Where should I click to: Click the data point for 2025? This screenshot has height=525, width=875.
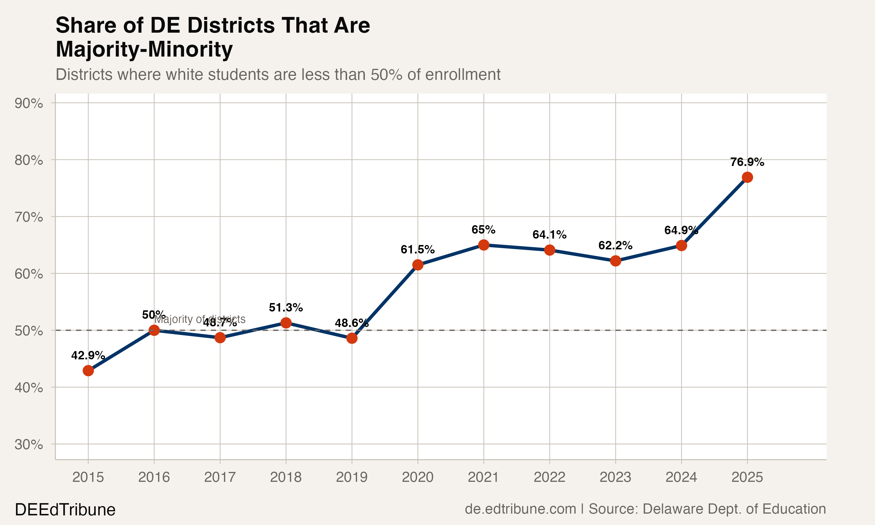click(x=747, y=177)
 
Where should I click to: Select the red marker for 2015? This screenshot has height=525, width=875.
click(x=88, y=370)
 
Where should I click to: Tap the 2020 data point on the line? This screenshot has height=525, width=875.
click(x=418, y=265)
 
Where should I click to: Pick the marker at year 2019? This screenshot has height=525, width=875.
click(x=351, y=338)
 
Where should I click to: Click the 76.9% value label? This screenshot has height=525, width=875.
click(x=747, y=162)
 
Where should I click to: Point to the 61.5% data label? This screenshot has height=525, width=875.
click(x=418, y=250)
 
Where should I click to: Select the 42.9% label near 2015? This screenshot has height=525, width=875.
click(x=88, y=355)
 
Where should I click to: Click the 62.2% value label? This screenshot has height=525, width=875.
click(x=615, y=246)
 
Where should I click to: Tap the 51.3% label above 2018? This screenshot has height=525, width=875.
click(x=286, y=307)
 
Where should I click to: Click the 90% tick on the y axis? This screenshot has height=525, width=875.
click(x=29, y=103)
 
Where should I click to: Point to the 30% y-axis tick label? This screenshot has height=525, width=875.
click(x=29, y=444)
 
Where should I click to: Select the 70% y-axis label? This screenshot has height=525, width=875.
click(x=29, y=217)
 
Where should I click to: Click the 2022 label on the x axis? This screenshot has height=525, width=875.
click(x=549, y=477)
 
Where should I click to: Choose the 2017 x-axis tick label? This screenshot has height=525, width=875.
click(x=220, y=477)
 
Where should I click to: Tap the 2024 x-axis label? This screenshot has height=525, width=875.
click(x=681, y=477)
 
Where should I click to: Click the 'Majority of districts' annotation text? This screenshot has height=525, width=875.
click(x=200, y=319)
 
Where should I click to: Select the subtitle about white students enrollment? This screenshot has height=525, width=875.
click(x=278, y=75)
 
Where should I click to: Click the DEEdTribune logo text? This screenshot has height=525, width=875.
click(x=65, y=510)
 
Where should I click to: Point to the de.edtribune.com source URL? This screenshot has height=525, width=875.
click(x=520, y=509)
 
